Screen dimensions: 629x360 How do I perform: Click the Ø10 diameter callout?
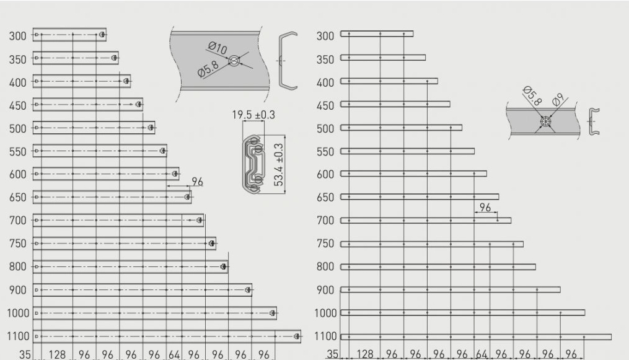[218, 48]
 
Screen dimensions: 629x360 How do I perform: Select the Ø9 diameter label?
[558, 99]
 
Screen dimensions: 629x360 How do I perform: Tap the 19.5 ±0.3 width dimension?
[253, 115]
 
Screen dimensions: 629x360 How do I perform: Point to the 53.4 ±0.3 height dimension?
[278, 164]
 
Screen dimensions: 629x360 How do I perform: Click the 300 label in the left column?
[17, 36]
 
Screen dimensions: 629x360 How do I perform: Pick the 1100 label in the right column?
[325, 336]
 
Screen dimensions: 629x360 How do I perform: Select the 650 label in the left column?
[17, 198]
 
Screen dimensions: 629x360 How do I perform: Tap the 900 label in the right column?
[325, 290]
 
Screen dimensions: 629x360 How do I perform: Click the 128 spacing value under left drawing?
[57, 354]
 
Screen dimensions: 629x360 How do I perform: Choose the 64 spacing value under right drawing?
[482, 354]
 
